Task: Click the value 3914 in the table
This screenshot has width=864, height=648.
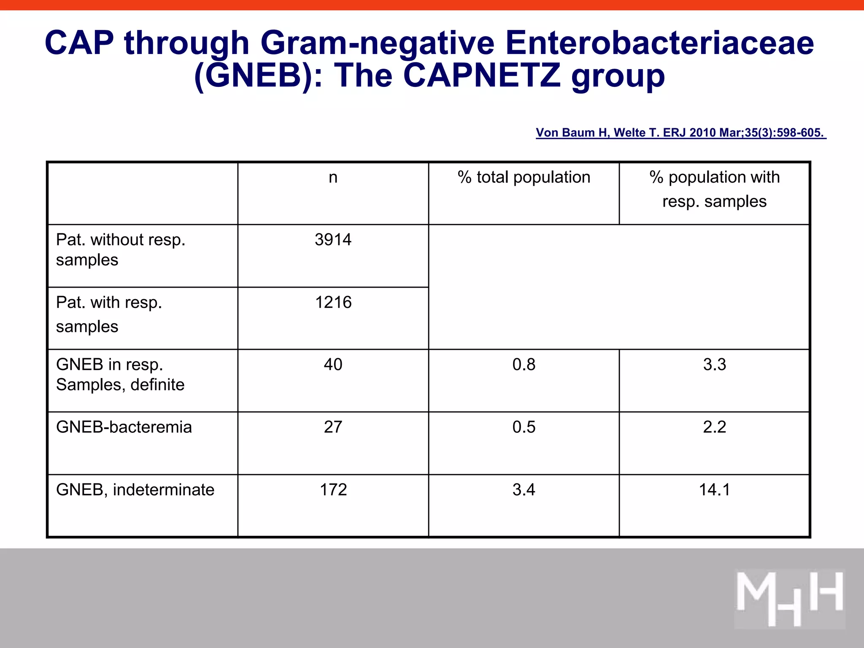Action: click(x=333, y=240)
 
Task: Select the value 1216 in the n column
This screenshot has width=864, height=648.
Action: click(x=333, y=302)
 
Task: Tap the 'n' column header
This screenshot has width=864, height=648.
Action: click(x=333, y=177)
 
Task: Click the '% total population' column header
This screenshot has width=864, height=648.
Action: click(x=524, y=177)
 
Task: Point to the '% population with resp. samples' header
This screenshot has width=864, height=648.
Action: click(x=714, y=189)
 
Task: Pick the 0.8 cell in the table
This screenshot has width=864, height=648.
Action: click(x=524, y=364)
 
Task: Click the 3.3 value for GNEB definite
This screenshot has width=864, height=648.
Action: click(x=714, y=364)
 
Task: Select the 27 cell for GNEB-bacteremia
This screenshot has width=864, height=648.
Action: click(x=333, y=427)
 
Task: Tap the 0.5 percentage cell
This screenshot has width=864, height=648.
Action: click(x=524, y=427)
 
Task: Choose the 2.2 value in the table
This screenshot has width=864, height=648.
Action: click(x=714, y=427)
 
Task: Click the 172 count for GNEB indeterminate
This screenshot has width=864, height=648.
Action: click(x=333, y=490)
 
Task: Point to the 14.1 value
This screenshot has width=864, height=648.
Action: click(x=714, y=490)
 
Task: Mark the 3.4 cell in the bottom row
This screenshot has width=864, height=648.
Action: click(x=524, y=490)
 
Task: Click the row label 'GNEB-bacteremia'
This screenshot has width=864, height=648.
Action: click(x=124, y=427)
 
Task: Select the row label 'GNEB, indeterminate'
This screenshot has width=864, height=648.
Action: click(x=135, y=490)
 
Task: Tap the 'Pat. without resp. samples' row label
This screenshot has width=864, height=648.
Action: click(x=120, y=249)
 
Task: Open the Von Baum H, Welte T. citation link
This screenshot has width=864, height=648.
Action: click(x=680, y=133)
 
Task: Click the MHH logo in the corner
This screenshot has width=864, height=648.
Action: click(x=789, y=599)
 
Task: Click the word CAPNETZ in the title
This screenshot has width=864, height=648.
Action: click(x=482, y=76)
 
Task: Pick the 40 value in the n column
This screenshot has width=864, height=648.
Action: click(x=333, y=364)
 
